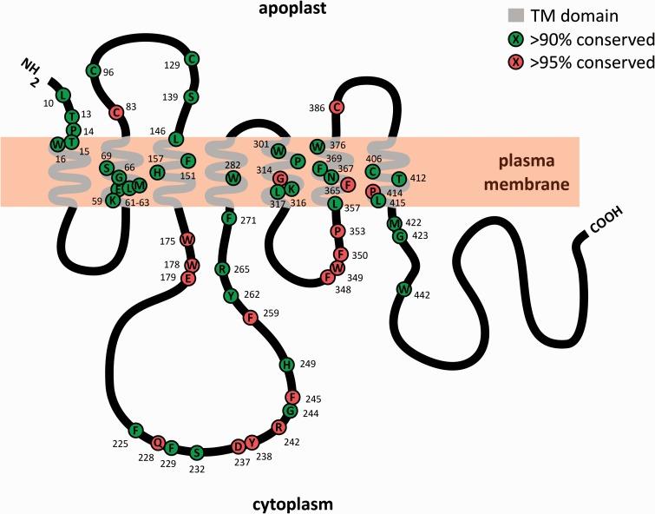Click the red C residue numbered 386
click(x=337, y=107)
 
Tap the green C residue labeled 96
click(x=93, y=70)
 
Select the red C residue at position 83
click(x=115, y=111)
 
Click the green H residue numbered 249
click(x=287, y=364)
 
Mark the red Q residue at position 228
click(x=158, y=442)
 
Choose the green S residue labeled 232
click(x=197, y=452)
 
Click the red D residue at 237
click(x=239, y=446)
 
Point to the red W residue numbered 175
click(x=187, y=239)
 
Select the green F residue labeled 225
click(x=135, y=430)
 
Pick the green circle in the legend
click(x=515, y=38)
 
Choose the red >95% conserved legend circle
click(x=515, y=62)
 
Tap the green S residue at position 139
click(x=192, y=96)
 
